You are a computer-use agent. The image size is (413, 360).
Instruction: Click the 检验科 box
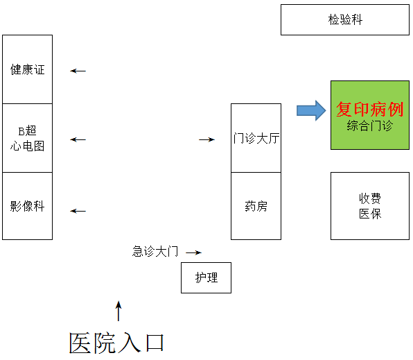tap(345, 20)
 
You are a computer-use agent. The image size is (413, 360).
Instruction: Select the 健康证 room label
tap(28, 69)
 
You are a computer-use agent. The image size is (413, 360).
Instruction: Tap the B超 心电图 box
tap(28, 138)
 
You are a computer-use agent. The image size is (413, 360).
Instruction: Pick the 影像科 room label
tap(28, 206)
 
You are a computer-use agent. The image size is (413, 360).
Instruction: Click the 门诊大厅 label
tap(256, 138)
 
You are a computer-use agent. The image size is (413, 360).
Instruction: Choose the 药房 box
tap(256, 206)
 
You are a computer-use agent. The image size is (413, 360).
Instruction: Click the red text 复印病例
tap(370, 109)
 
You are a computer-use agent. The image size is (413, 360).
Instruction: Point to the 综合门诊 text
tap(370, 126)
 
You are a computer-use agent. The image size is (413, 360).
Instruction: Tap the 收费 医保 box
tap(370, 206)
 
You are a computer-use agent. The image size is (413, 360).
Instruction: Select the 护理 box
tap(206, 277)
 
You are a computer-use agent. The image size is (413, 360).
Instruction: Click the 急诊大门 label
tap(155, 251)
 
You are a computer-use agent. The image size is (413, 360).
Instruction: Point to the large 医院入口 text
tap(116, 343)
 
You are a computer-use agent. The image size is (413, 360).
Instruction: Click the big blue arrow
tap(311, 110)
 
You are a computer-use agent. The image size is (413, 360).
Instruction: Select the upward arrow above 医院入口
tap(118, 311)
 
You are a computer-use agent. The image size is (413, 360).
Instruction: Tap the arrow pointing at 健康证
tap(78, 71)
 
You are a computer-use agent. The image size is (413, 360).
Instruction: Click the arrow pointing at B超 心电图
tap(78, 139)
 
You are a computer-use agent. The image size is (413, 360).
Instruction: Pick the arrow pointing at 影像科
tap(78, 211)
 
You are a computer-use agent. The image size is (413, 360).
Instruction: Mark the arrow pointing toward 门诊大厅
tap(206, 139)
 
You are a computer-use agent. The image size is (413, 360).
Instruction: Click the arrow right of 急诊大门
tap(193, 252)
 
